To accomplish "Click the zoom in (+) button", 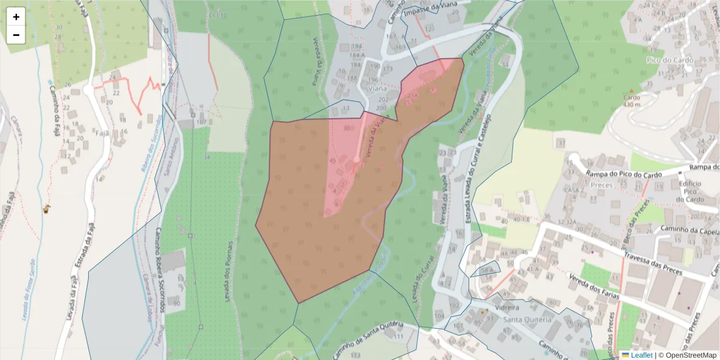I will [16, 17].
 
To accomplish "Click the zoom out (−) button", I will [16, 35].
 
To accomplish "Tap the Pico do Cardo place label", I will [670, 60].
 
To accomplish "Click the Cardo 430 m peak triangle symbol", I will [631, 91].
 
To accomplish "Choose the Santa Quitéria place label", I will [526, 320].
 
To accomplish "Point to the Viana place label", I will [377, 88].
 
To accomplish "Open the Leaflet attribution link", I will [641, 355].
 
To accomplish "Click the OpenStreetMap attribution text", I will [687, 355].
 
